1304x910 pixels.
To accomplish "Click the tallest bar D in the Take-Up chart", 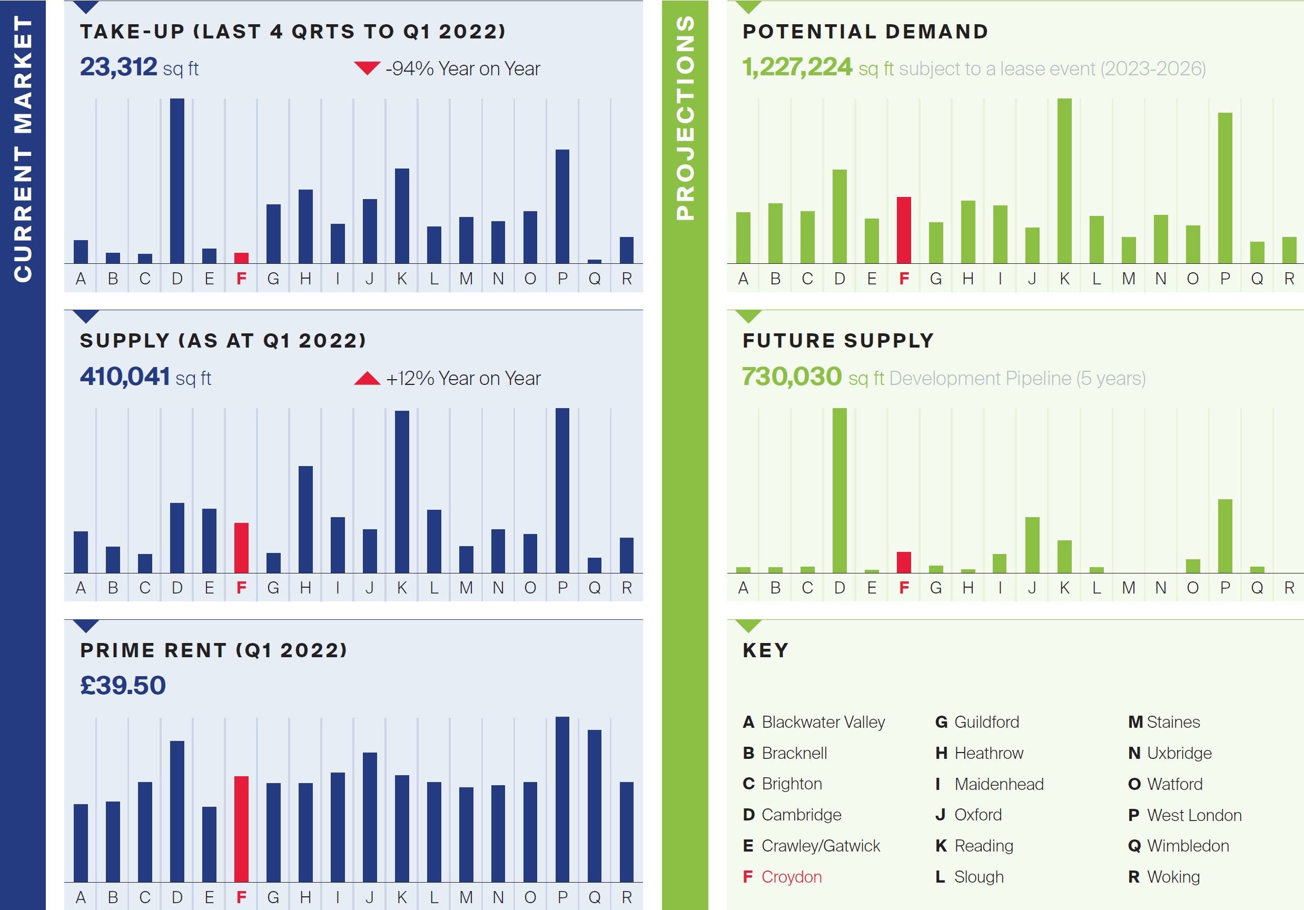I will [x=177, y=181].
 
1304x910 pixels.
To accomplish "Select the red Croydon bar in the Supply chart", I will [x=241, y=548].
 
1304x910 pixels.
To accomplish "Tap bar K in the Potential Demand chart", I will [x=1064, y=181].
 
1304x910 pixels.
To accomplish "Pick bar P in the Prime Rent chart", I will [x=562, y=799].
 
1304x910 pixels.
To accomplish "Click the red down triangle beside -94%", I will [x=367, y=68].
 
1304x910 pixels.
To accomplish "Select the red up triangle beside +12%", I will [x=367, y=378].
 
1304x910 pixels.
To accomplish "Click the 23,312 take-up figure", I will [x=118, y=67].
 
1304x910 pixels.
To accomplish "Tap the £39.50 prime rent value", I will [x=123, y=685].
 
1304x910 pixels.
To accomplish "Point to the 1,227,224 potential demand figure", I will [x=797, y=67].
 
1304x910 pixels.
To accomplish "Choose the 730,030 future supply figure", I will [x=792, y=377].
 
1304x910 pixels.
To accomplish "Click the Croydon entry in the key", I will [x=791, y=876].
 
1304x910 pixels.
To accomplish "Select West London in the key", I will [x=1194, y=815].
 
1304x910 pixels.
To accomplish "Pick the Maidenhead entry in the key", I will [x=999, y=784].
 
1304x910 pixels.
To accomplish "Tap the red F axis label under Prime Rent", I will [x=241, y=897].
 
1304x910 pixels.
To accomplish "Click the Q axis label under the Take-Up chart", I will [x=595, y=279].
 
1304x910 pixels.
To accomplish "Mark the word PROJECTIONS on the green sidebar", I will [x=686, y=117].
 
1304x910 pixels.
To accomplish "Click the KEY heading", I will [x=766, y=650].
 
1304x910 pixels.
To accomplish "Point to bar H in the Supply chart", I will [x=305, y=519].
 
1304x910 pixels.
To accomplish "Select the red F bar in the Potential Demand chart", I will [x=904, y=230].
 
